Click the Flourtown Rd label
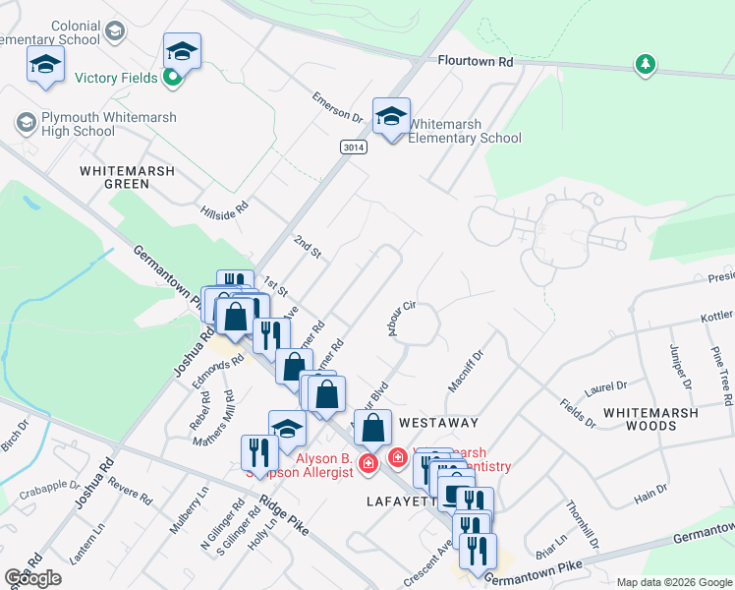(x=477, y=60)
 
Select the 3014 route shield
(x=354, y=147)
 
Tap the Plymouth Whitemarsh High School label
(x=96, y=124)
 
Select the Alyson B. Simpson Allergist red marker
(x=368, y=463)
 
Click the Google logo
(x=33, y=578)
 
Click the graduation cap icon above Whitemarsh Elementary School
(x=391, y=116)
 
